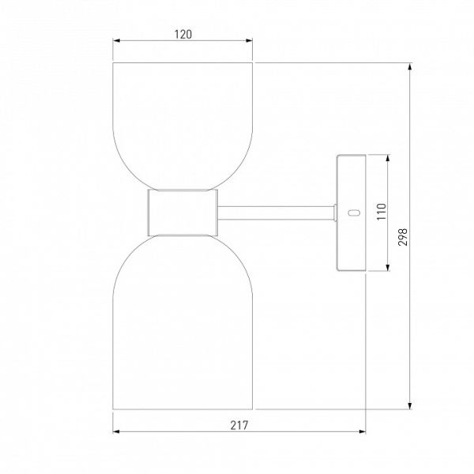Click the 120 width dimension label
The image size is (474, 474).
pos(183,35)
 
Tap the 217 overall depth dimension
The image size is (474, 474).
pos(239,425)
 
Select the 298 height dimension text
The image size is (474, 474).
pos(403,237)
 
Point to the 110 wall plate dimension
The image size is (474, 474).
pos(382,212)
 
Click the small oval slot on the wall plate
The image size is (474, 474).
pos(354,213)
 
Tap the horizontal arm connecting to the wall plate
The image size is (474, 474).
pos(276,213)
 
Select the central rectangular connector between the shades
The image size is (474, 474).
pos(182,213)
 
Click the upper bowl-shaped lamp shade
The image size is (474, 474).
pos(182,126)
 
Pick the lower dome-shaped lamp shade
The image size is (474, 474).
pos(182,322)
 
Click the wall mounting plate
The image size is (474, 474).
pos(352,213)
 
